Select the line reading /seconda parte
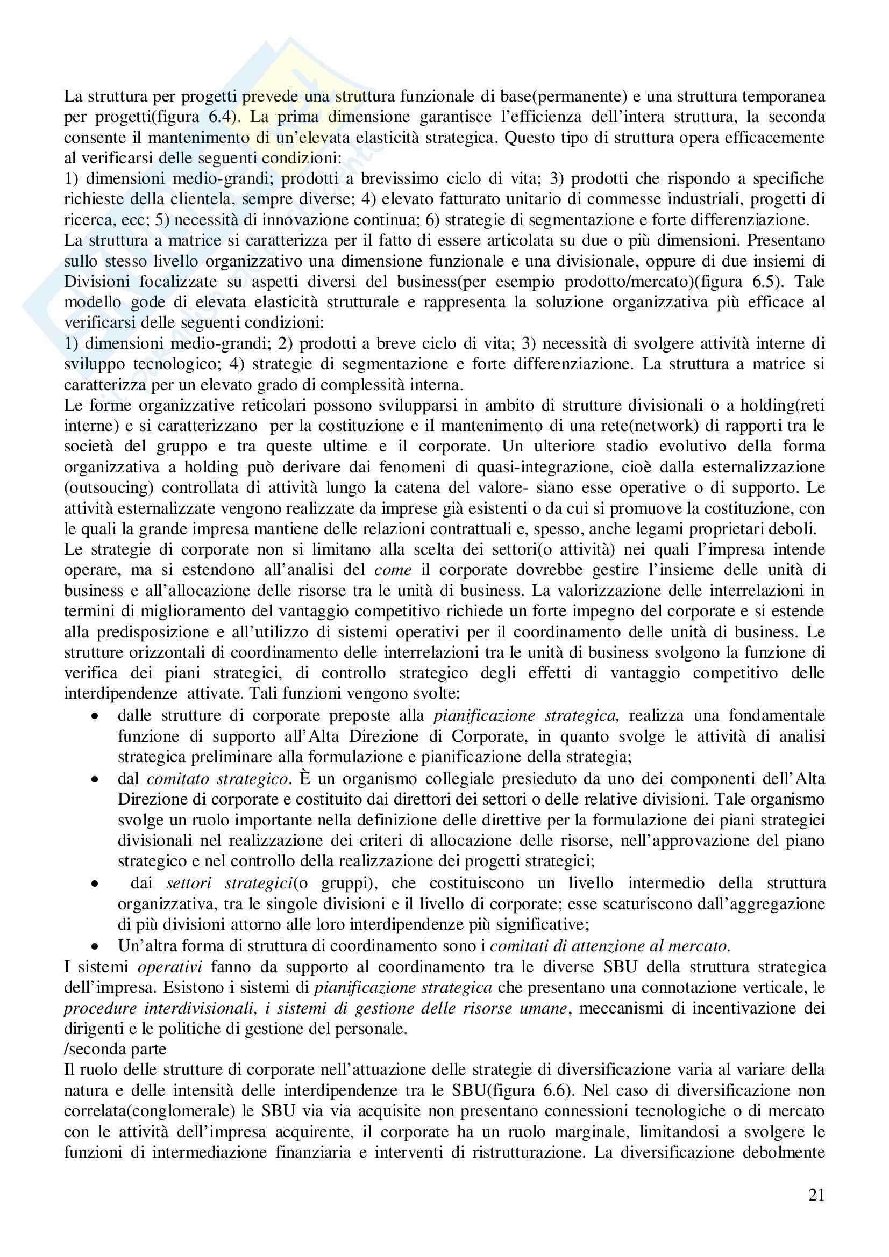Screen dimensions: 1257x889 pyautogui.click(x=115, y=1049)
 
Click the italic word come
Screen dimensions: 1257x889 pyautogui.click(x=393, y=570)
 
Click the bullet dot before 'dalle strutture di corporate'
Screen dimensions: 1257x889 pyautogui.click(x=95, y=716)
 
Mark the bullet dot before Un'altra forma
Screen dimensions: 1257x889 pyautogui.click(x=95, y=946)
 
